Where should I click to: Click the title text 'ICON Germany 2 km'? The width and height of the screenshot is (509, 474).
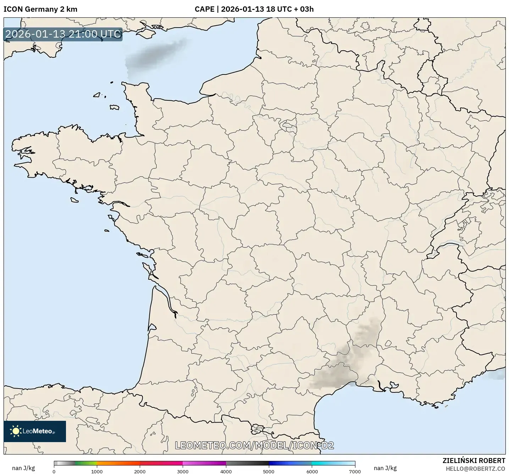pyautogui.click(x=40, y=9)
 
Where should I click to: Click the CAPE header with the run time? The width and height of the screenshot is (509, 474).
pyautogui.click(x=254, y=9)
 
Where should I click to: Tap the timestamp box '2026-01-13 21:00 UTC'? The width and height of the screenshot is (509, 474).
pyautogui.click(x=63, y=34)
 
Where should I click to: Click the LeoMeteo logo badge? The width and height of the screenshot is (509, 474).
pyautogui.click(x=35, y=431)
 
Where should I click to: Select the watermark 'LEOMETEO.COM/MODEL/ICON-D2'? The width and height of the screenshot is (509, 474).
pyautogui.click(x=254, y=445)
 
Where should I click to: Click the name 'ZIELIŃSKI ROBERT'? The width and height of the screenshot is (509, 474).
pyautogui.click(x=474, y=461)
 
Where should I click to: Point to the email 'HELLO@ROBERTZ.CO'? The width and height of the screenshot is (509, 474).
pyautogui.click(x=475, y=469)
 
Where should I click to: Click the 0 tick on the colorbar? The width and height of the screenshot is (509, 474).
pyautogui.click(x=54, y=472)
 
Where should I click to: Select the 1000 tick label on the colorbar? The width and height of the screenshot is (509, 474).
pyautogui.click(x=97, y=472)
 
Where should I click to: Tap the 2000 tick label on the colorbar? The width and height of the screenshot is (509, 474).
pyautogui.click(x=140, y=472)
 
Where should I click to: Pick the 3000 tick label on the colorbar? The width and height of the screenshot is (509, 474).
pyautogui.click(x=183, y=472)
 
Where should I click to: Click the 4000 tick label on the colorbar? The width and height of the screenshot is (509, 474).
pyautogui.click(x=226, y=472)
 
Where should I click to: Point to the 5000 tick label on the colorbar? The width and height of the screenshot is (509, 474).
pyautogui.click(x=269, y=472)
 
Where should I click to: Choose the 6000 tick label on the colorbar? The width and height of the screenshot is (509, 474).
pyautogui.click(x=312, y=472)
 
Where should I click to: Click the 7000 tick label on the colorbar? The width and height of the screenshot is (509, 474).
pyautogui.click(x=355, y=472)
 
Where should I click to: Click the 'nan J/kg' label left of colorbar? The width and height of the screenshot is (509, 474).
pyautogui.click(x=23, y=468)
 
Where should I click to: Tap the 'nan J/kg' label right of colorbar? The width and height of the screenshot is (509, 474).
pyautogui.click(x=385, y=468)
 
